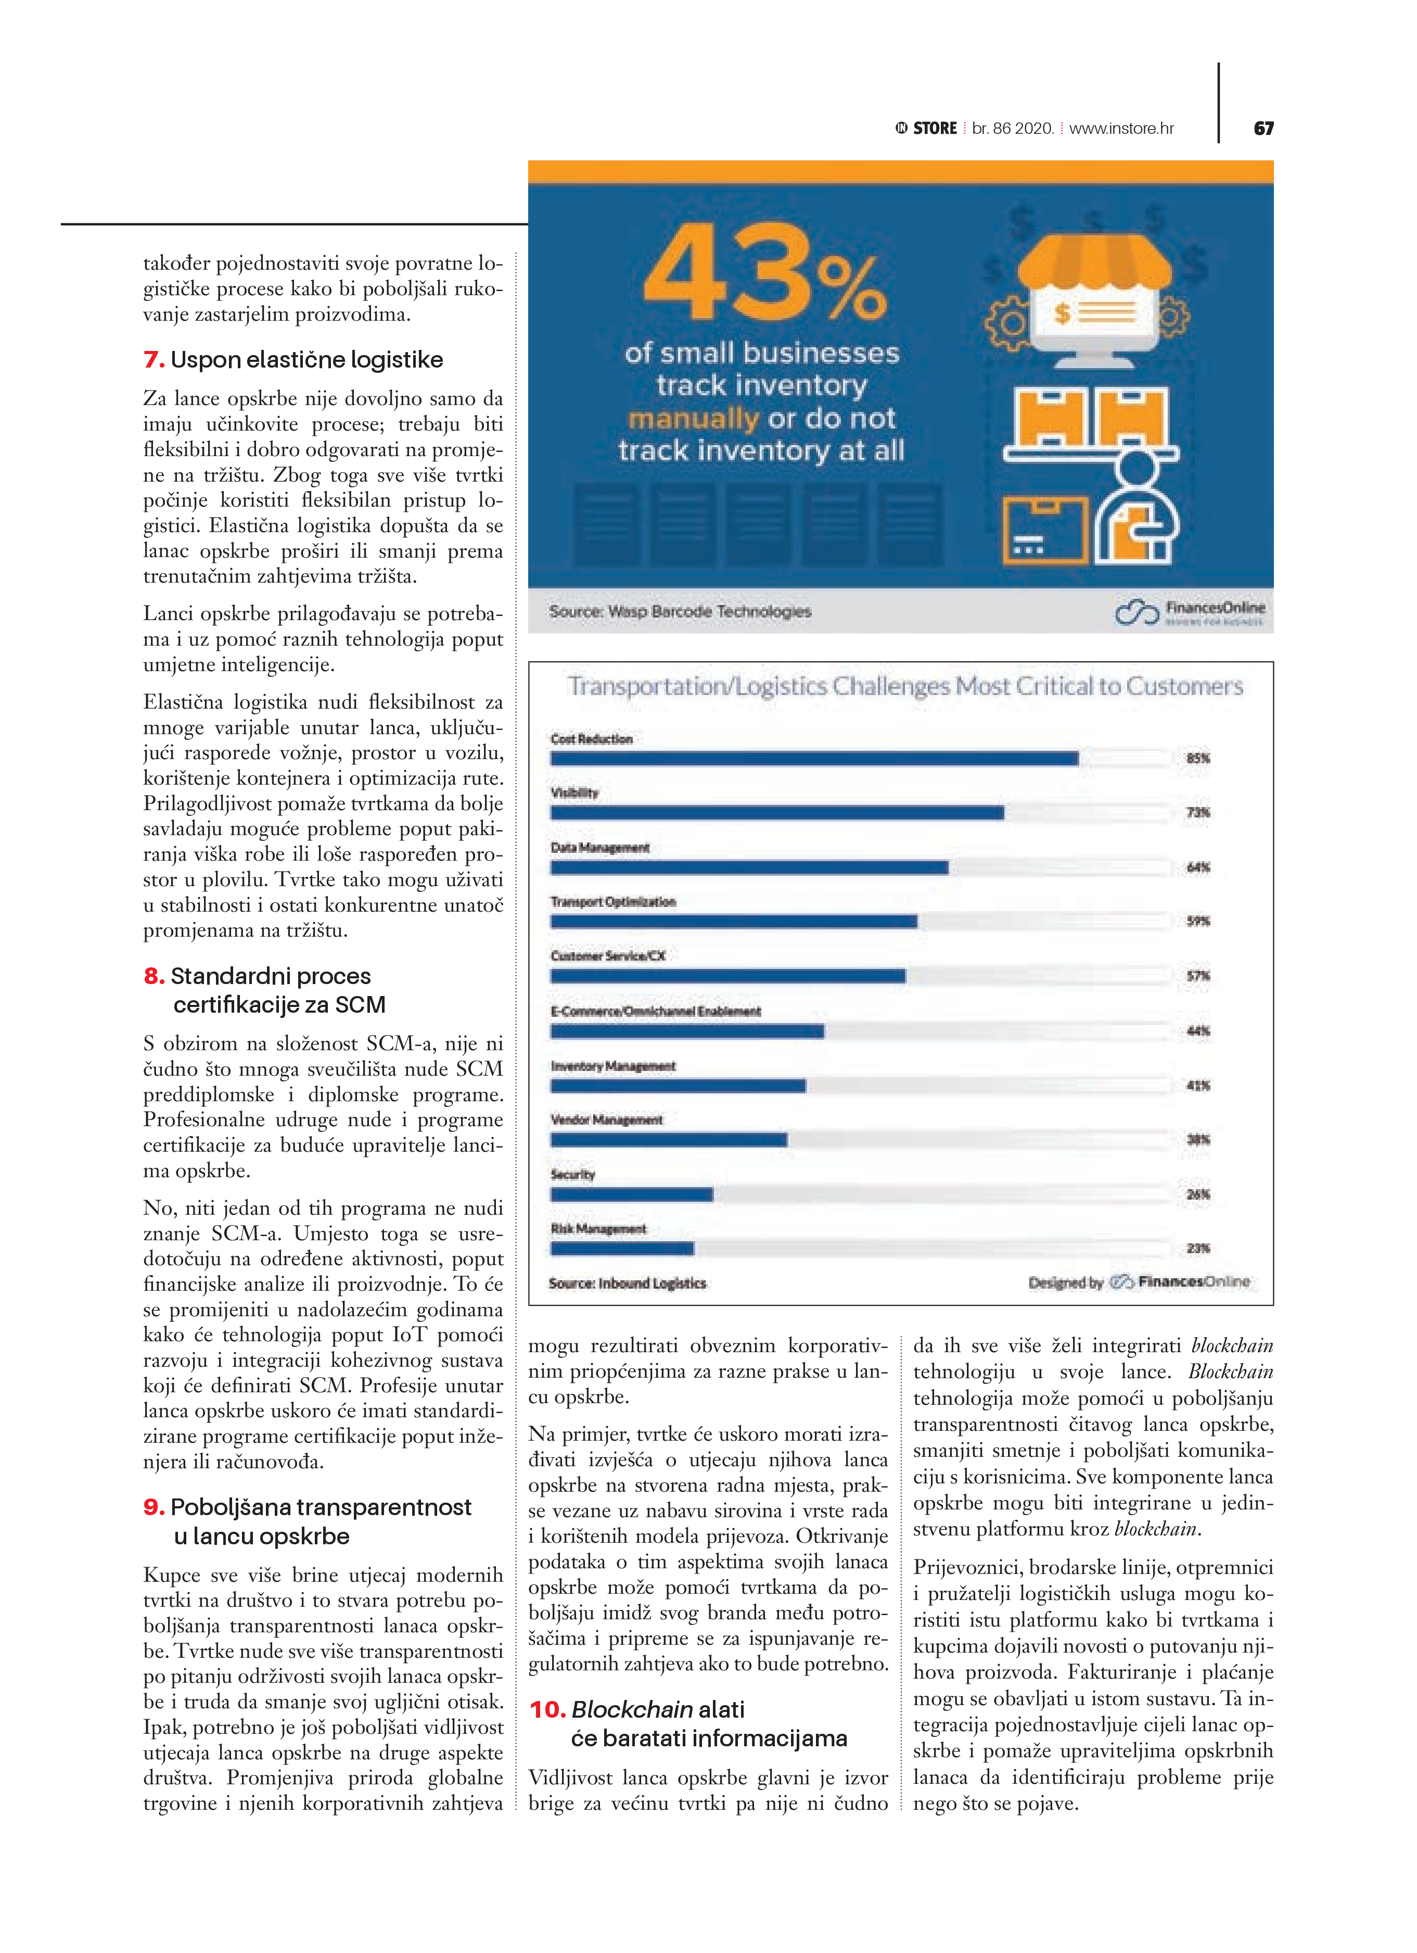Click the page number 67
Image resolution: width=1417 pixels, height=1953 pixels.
[1263, 128]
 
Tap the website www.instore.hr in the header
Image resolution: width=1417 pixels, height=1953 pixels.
[1121, 128]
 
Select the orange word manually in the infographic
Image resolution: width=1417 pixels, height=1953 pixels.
[693, 419]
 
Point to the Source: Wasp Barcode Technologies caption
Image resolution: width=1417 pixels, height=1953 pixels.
[680, 611]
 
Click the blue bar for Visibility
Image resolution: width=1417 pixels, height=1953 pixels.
[776, 813]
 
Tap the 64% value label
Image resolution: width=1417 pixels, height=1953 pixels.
[1197, 867]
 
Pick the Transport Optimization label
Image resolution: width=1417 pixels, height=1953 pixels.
[613, 902]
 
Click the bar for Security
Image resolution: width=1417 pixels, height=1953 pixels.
[631, 1194]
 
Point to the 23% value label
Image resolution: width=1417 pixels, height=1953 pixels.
[1197, 1249]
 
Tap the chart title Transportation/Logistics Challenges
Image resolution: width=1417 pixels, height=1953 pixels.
[904, 686]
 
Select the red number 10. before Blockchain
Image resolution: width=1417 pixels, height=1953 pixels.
[546, 1709]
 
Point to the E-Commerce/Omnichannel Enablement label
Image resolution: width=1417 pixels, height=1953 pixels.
[655, 1011]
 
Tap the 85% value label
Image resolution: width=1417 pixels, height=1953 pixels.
[1197, 759]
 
